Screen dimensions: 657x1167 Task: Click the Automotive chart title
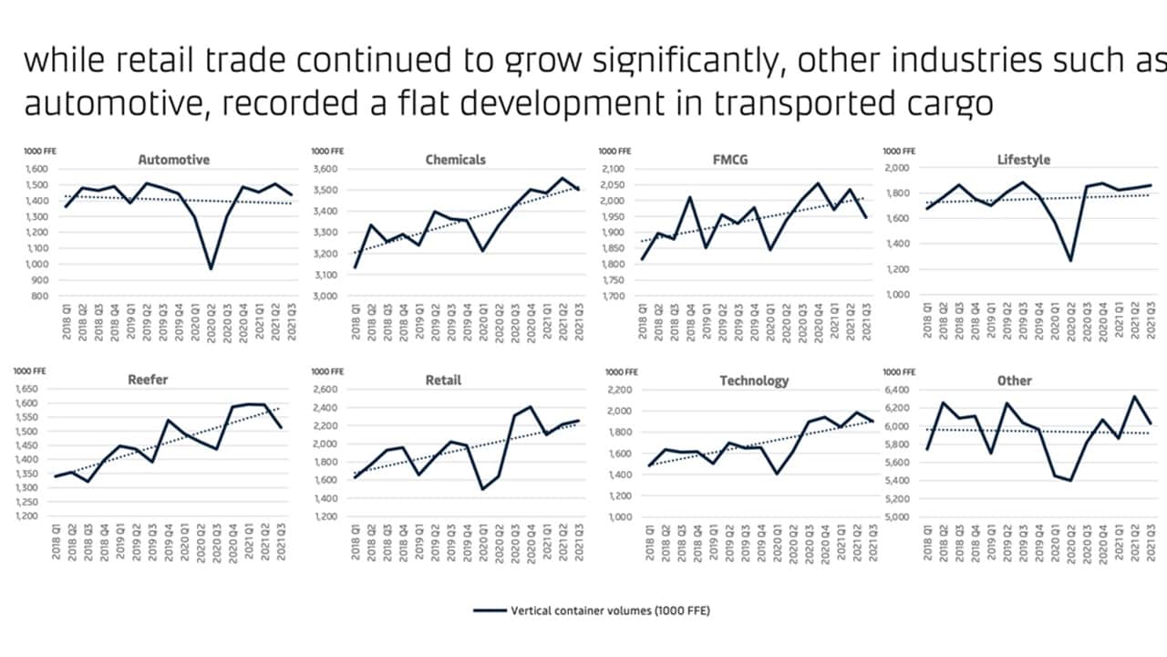(x=173, y=160)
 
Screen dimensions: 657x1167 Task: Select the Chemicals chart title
(x=455, y=160)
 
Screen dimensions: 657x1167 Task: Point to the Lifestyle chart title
(x=1023, y=160)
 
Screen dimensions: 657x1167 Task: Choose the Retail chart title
(x=443, y=381)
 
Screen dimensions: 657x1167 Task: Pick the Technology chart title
(x=753, y=381)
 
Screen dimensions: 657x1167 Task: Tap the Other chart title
(x=1014, y=381)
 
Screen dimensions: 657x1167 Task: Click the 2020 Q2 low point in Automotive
(x=211, y=268)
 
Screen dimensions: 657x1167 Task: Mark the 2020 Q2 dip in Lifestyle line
(x=1070, y=261)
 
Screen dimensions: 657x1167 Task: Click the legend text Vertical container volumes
(x=609, y=610)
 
